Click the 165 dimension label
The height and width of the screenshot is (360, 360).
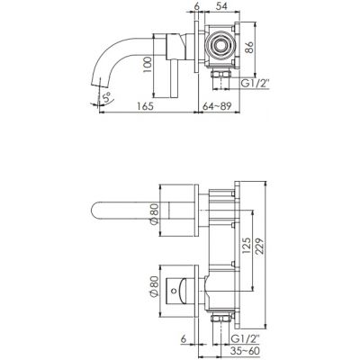[x=145, y=106]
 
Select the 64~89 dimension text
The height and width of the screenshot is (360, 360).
[x=217, y=106]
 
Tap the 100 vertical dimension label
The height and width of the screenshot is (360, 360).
[x=147, y=65]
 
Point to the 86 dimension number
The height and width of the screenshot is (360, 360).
[x=249, y=48]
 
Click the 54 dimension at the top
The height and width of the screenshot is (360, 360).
[x=222, y=5]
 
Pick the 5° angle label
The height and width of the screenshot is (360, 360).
[x=106, y=97]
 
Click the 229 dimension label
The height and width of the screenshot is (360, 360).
[x=260, y=247]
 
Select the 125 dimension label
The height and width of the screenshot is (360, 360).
[x=246, y=247]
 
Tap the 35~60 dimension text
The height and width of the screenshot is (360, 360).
[x=245, y=350]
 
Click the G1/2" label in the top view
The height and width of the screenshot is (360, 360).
[x=256, y=83]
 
